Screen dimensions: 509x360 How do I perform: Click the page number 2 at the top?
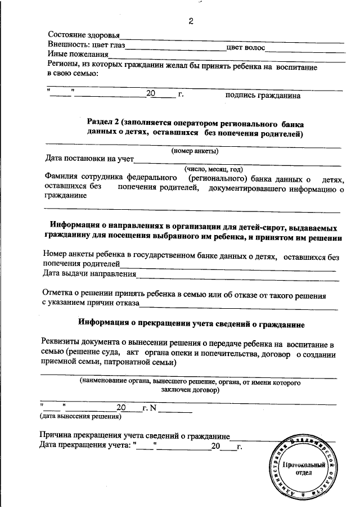point(190,22)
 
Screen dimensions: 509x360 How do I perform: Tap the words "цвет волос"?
point(245,47)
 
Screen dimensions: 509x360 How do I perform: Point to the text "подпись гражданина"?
point(263,95)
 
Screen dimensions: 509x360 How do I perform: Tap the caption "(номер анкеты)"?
point(195,151)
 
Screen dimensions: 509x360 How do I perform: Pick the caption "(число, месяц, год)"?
point(213,169)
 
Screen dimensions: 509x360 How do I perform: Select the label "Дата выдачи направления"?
point(89,274)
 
